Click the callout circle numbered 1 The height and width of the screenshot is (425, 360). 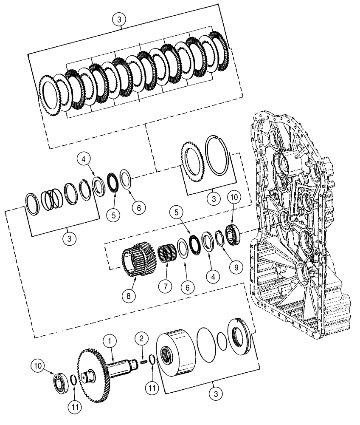point(110,340)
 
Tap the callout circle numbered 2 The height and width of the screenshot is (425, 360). point(142,339)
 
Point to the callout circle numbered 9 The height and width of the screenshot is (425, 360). point(233,268)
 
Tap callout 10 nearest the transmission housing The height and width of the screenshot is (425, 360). point(233,198)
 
